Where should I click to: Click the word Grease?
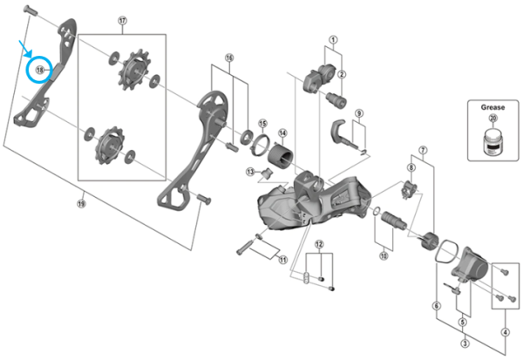(x=492, y=107)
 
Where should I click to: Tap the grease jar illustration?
(x=492, y=141)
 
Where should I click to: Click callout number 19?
(x=81, y=204)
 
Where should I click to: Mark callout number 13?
(x=250, y=173)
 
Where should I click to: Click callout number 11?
(x=281, y=259)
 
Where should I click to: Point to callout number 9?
(x=358, y=113)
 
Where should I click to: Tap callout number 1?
(x=332, y=39)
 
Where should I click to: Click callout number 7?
(x=424, y=151)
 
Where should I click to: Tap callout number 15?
(x=262, y=123)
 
